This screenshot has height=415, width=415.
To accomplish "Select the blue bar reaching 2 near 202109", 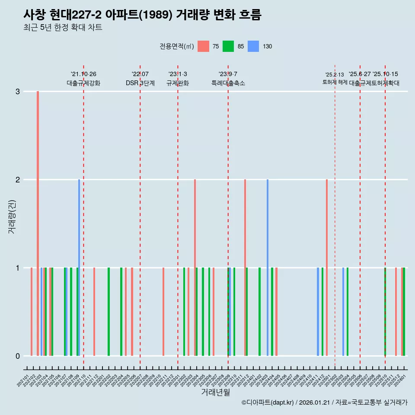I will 79,268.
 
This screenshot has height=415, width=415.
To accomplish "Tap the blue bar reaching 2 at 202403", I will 268,268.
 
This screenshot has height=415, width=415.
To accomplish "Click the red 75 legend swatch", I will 203,46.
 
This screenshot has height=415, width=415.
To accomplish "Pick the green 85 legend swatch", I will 228,46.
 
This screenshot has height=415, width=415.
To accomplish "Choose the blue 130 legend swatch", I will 253,46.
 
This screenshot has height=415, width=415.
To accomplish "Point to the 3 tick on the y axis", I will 17,92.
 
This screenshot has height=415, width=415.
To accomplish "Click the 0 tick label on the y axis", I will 17,356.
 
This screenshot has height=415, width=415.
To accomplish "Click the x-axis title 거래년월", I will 215,393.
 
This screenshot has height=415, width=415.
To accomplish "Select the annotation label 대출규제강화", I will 83,83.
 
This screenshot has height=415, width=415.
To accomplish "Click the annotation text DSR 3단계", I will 140,83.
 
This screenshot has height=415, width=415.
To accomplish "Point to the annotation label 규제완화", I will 178,83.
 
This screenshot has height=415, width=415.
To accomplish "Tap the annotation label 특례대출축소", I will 228,83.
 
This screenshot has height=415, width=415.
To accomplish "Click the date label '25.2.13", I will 335,75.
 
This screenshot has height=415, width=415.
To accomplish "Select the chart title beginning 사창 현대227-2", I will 142,15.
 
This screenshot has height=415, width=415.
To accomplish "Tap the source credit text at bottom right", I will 324,403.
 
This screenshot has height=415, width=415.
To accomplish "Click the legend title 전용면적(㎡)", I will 177,46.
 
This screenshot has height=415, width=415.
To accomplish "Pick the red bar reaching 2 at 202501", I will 327,268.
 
